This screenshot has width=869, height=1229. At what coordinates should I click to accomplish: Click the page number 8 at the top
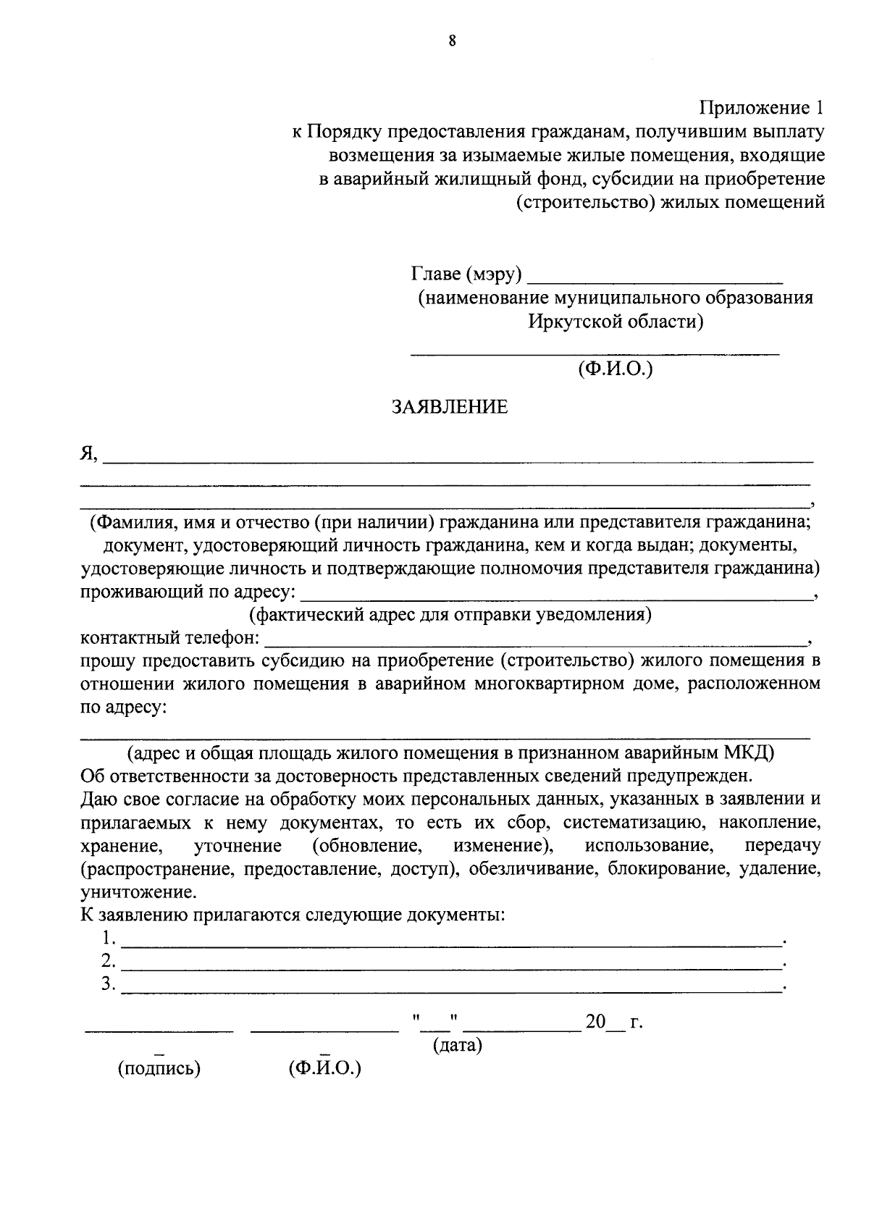(452, 41)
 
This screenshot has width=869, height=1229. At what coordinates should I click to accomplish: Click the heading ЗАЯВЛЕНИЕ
(450, 407)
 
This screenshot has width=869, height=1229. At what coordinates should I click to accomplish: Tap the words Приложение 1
(762, 109)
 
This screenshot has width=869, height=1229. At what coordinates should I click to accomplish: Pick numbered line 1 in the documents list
(453, 941)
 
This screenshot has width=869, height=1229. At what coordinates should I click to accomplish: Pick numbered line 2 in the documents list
(453, 965)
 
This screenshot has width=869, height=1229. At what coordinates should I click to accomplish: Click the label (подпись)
(159, 1068)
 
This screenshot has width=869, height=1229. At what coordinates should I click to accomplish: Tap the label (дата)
(458, 1046)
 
